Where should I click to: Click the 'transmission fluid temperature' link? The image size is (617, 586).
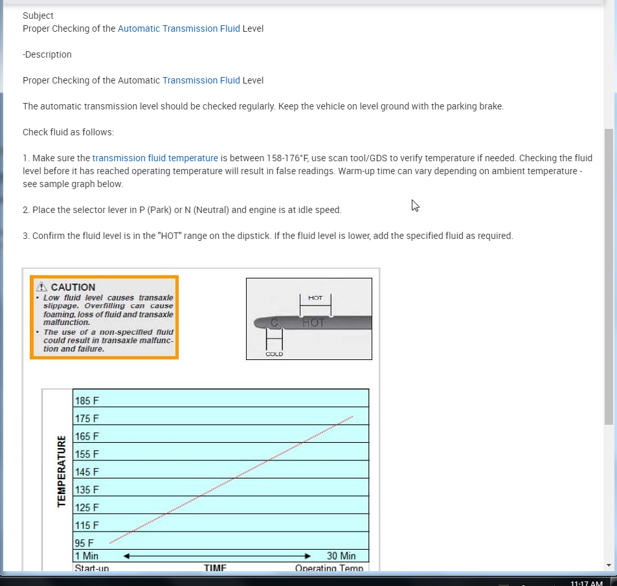(155, 158)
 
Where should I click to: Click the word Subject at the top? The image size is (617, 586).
(38, 16)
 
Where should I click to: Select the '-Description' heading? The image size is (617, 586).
(47, 54)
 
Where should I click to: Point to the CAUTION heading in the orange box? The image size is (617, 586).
(73, 287)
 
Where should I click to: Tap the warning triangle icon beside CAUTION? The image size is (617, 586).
(42, 287)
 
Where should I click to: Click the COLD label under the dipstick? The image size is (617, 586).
(275, 354)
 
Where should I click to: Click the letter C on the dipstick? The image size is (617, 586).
(274, 322)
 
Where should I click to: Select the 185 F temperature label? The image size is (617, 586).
(87, 401)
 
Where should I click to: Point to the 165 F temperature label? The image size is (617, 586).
(87, 436)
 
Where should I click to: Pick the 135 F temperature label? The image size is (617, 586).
(87, 490)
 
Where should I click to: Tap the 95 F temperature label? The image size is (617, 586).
(84, 543)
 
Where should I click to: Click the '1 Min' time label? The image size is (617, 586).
(87, 556)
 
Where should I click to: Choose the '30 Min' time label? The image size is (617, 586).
(341, 556)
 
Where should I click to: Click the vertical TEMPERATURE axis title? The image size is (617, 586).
(62, 471)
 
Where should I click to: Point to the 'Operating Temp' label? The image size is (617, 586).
(330, 568)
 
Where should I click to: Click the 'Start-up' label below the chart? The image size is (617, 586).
(91, 568)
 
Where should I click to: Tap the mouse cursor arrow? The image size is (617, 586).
(415, 205)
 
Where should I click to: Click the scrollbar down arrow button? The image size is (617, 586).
(609, 565)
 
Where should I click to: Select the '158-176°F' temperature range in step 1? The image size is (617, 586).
(288, 158)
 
